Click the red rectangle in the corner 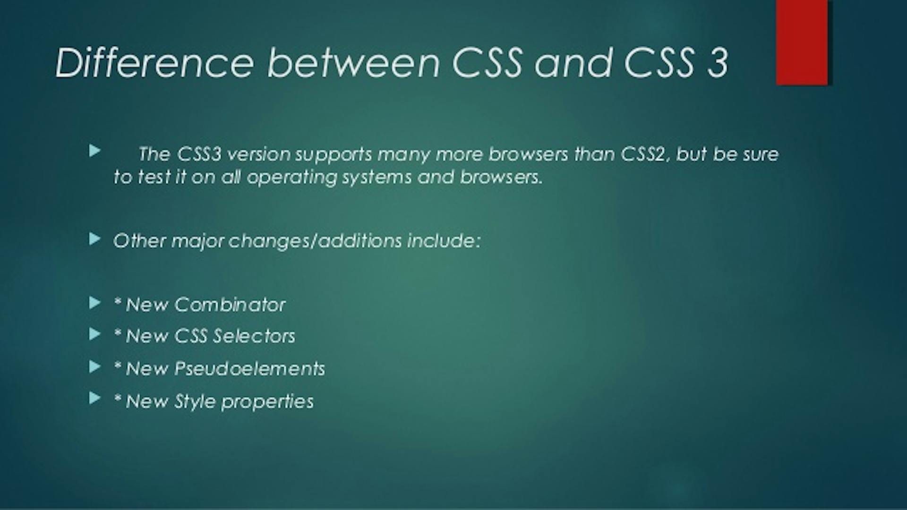pyautogui.click(x=802, y=42)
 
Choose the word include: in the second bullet pyautogui.click(x=444, y=241)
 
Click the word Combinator pyautogui.click(x=230, y=305)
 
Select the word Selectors pyautogui.click(x=254, y=336)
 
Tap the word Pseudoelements pyautogui.click(x=249, y=368)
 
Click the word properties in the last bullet pyautogui.click(x=267, y=402)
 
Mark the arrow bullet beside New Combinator pyautogui.click(x=95, y=303)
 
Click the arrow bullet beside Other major pyautogui.click(x=95, y=239)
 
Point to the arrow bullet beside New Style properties pyautogui.click(x=95, y=399)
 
